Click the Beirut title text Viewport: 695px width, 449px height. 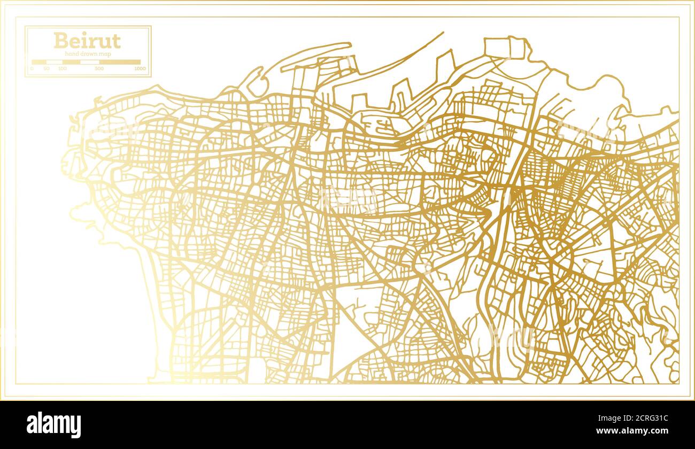click(x=87, y=41)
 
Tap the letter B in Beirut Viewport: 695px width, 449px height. click(x=60, y=41)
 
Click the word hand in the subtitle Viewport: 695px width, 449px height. click(x=71, y=54)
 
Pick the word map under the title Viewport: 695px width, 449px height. click(x=104, y=54)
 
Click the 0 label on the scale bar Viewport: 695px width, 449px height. click(x=32, y=68)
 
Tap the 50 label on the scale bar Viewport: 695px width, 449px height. click(x=47, y=68)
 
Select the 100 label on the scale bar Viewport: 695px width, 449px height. click(x=63, y=68)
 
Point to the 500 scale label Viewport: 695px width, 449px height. click(x=99, y=68)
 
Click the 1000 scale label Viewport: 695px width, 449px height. click(x=140, y=68)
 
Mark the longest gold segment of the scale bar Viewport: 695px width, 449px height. click(x=121, y=62)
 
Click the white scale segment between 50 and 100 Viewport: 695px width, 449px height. click(x=55, y=62)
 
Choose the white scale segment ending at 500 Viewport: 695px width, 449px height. click(x=90, y=62)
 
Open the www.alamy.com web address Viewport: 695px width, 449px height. click(x=639, y=430)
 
